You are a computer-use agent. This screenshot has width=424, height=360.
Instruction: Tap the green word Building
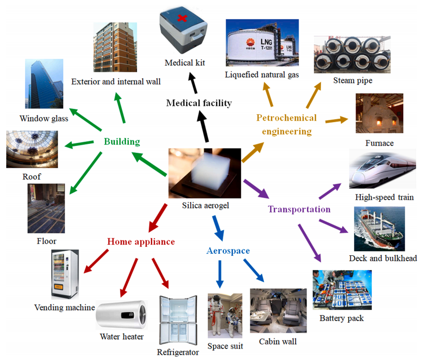click(122, 142)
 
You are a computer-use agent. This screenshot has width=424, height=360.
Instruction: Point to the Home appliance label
click(140, 241)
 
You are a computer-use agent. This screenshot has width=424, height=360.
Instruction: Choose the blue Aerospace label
click(228, 251)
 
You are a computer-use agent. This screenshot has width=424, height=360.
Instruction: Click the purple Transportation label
click(299, 209)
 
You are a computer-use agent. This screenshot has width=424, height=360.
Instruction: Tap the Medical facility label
click(199, 103)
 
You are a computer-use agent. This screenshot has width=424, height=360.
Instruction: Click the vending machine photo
click(65, 275)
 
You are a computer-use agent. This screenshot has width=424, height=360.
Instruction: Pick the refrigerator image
click(178, 320)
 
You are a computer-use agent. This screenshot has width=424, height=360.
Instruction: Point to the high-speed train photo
click(382, 169)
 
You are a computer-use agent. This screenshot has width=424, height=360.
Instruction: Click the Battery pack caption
click(342, 318)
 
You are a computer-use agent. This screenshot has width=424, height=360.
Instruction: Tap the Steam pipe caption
click(353, 81)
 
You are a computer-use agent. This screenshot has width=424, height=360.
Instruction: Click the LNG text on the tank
click(266, 44)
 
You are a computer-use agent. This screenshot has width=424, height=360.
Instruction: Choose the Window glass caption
click(44, 119)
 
